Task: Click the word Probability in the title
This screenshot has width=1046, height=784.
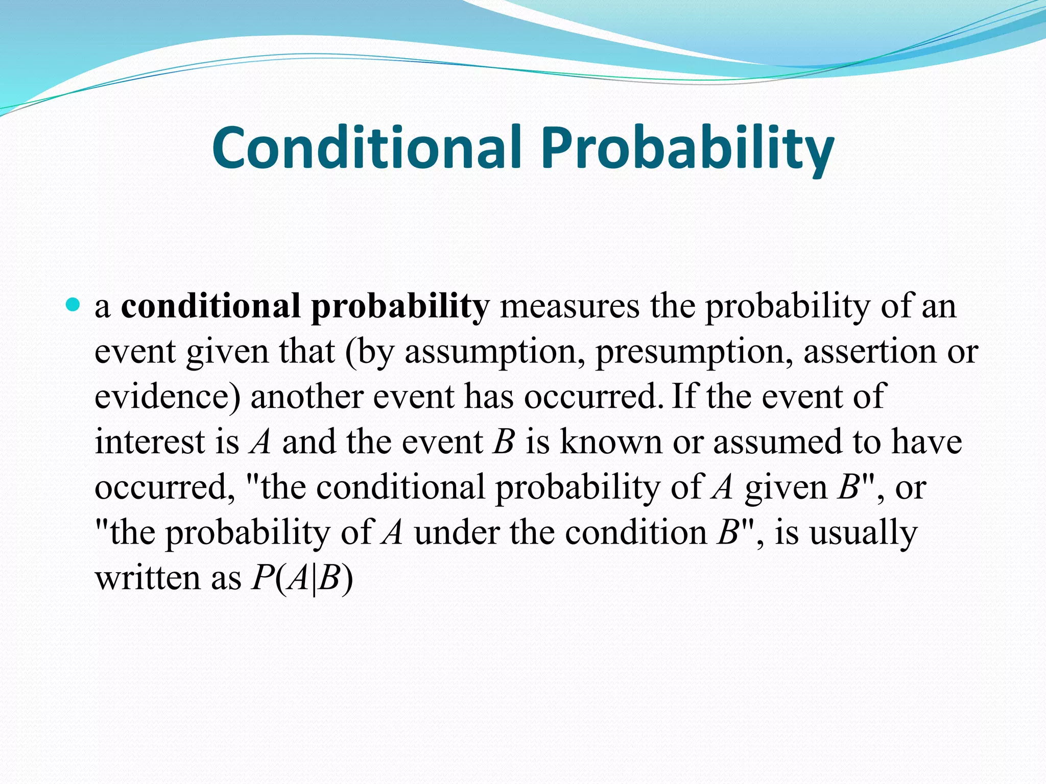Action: point(687,149)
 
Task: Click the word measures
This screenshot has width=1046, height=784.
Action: point(569,307)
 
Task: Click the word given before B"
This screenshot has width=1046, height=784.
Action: point(786,488)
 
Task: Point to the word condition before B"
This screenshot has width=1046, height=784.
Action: point(636,532)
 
